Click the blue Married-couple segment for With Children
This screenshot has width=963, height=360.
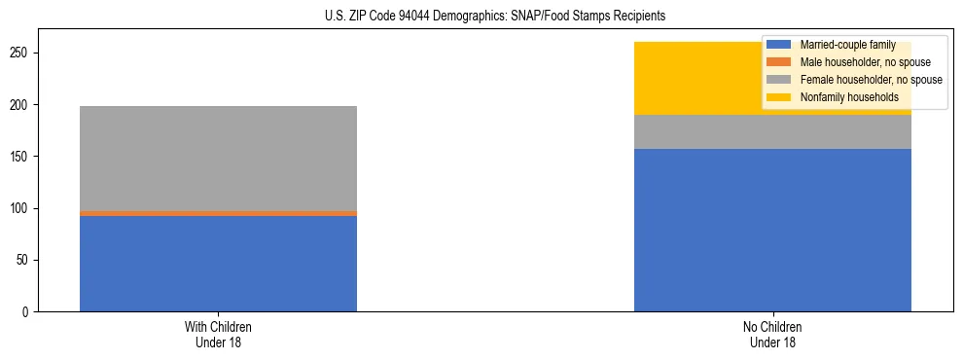click(218, 263)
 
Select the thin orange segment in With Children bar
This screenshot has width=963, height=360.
click(218, 213)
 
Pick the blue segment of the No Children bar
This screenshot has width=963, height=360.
click(772, 230)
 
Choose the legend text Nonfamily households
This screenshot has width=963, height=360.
click(842, 97)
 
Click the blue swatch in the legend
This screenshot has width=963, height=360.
click(778, 45)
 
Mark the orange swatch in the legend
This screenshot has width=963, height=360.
click(778, 62)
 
